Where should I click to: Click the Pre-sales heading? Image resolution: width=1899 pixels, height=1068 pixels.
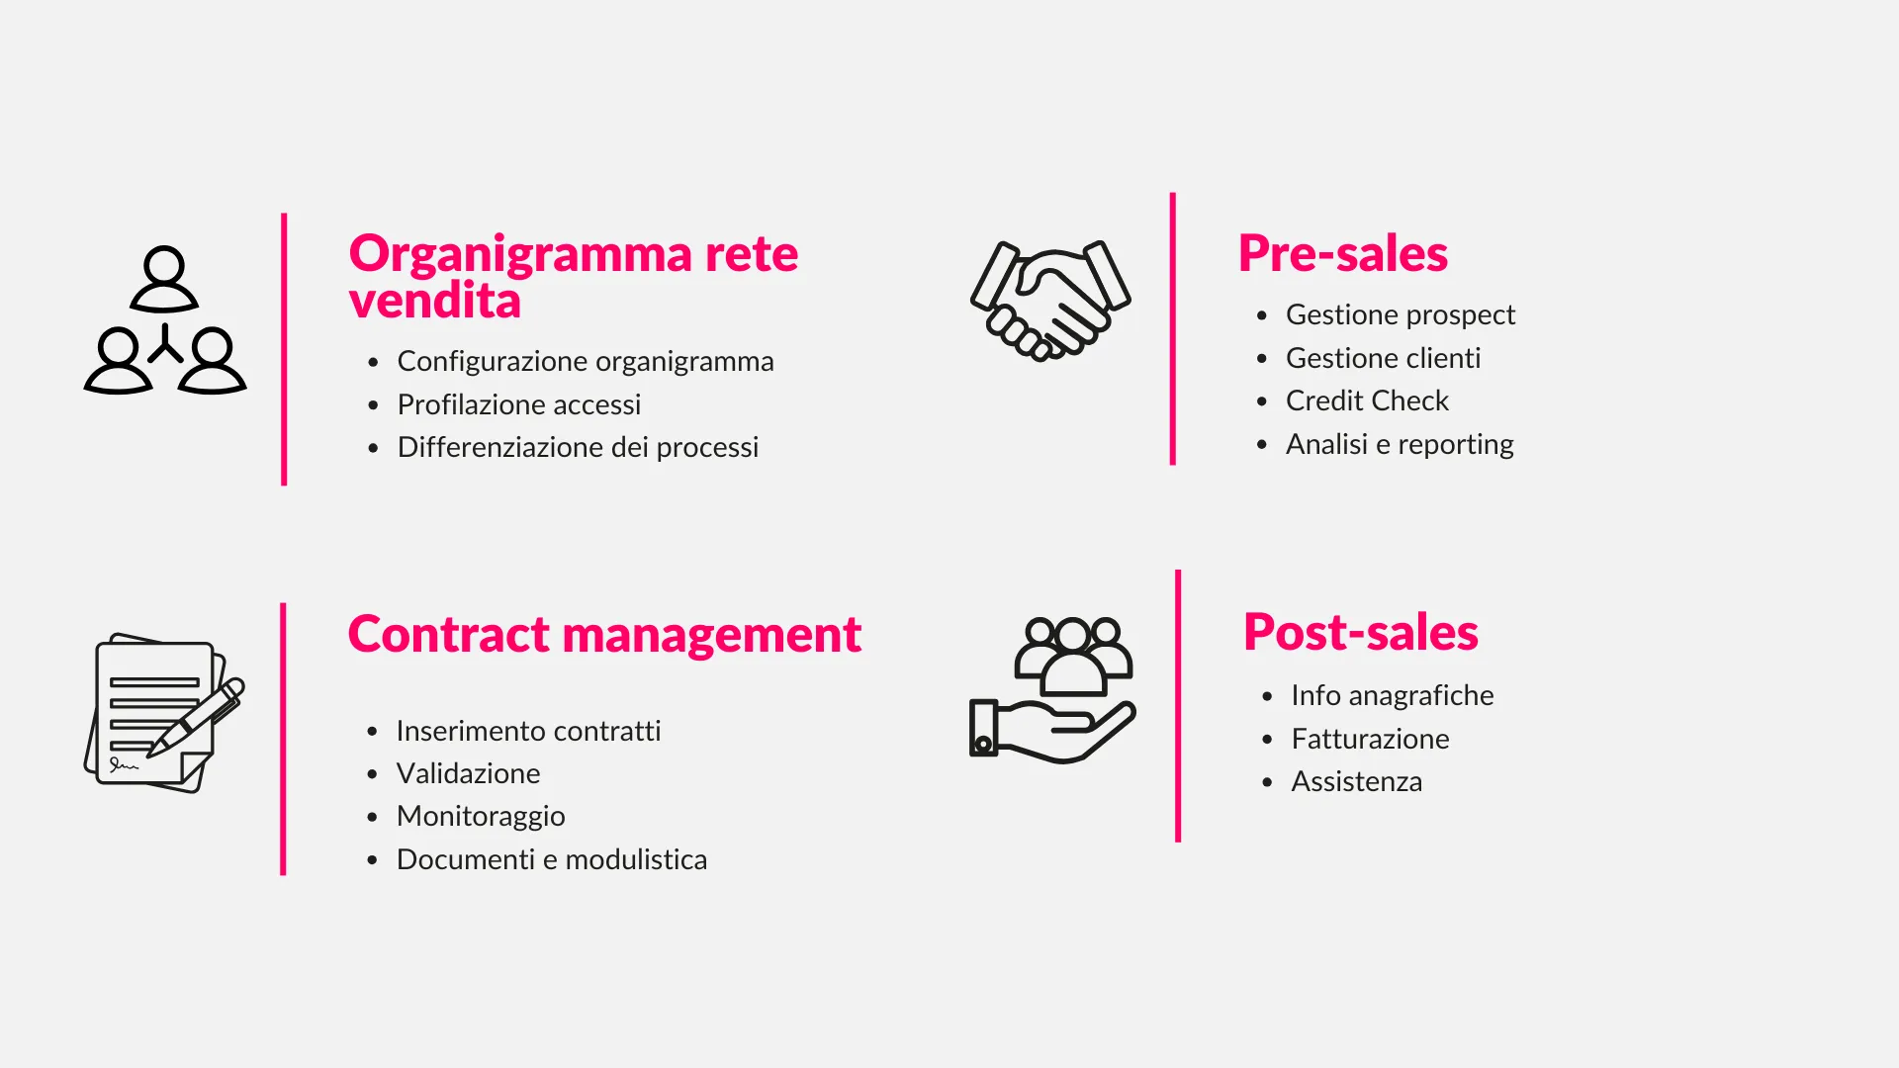[x=1342, y=253]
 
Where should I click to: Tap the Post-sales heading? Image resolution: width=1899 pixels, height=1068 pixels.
[x=1360, y=632]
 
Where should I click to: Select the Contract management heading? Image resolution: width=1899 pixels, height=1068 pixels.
[x=604, y=634]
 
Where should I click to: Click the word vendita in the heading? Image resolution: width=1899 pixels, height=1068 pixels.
[x=434, y=301]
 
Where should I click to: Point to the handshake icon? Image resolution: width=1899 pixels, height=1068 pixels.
[x=1050, y=300]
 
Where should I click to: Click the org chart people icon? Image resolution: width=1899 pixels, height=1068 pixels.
[x=165, y=320]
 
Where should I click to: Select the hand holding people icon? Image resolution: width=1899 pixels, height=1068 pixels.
[x=1052, y=689]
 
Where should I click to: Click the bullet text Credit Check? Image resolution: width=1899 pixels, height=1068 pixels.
[x=1367, y=400]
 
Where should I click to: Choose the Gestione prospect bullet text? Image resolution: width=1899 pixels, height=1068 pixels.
[x=1400, y=314]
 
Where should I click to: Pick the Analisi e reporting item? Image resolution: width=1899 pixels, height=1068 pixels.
[x=1399, y=444]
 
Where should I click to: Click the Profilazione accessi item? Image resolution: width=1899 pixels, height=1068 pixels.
[x=518, y=404]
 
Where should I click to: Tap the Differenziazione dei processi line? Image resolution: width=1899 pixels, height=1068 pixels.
[x=578, y=447]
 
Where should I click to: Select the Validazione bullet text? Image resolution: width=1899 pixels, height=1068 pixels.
[x=468, y=773]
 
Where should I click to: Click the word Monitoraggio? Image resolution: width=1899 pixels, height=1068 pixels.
[x=481, y=816]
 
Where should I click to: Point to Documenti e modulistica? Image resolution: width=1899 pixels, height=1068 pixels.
[x=552, y=859]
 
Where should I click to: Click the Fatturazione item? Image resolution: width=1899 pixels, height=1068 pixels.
[x=1370, y=739]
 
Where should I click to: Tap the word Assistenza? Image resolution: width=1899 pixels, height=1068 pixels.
[x=1356, y=781]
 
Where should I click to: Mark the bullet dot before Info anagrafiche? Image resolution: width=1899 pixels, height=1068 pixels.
[x=1267, y=696]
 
